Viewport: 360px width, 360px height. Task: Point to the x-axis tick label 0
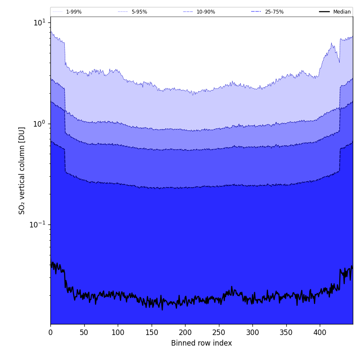(x=50, y=332)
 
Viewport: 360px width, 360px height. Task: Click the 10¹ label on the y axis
(x=39, y=22)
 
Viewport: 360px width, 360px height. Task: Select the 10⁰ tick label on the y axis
(x=39, y=124)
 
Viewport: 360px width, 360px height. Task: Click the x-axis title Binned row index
(x=202, y=343)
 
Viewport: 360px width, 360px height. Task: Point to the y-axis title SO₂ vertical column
(x=22, y=170)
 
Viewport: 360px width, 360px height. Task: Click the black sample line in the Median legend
(x=325, y=12)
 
